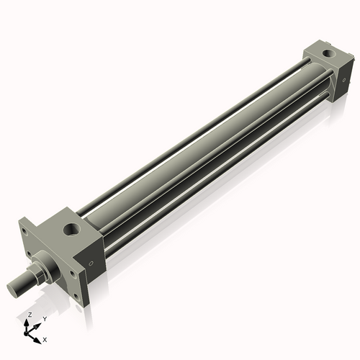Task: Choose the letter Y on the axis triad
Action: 44,319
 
